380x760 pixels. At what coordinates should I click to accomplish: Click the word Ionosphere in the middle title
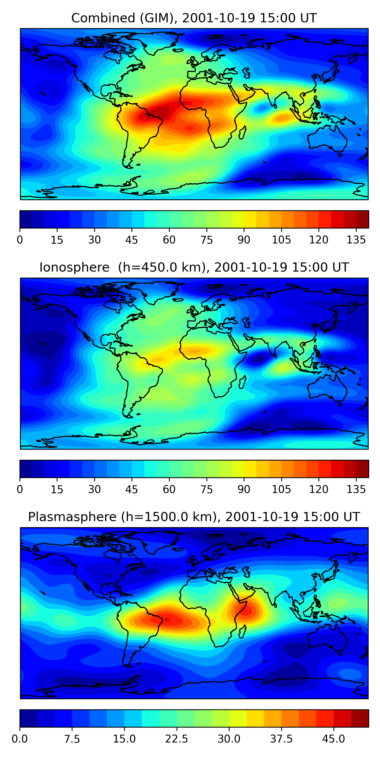pyautogui.click(x=74, y=267)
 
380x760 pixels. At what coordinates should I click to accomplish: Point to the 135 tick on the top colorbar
pyautogui.click(x=356, y=240)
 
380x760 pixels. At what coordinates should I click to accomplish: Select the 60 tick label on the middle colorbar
pyautogui.click(x=169, y=489)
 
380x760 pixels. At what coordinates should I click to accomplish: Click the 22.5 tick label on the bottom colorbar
pyautogui.click(x=176, y=739)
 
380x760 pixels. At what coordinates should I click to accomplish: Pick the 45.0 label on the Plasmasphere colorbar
pyautogui.click(x=333, y=739)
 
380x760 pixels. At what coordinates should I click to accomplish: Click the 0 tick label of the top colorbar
pyautogui.click(x=20, y=240)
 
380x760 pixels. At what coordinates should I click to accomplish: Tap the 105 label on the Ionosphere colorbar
pyautogui.click(x=281, y=489)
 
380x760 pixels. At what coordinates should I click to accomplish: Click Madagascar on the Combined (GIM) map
pyautogui.click(x=242, y=132)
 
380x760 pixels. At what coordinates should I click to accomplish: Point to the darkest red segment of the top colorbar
pyautogui.click(x=362, y=219)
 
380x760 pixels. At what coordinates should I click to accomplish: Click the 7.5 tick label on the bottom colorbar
pyautogui.click(x=72, y=739)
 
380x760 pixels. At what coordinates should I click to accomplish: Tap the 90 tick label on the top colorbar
pyautogui.click(x=244, y=240)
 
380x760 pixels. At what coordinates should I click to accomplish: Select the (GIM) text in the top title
pyautogui.click(x=157, y=18)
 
